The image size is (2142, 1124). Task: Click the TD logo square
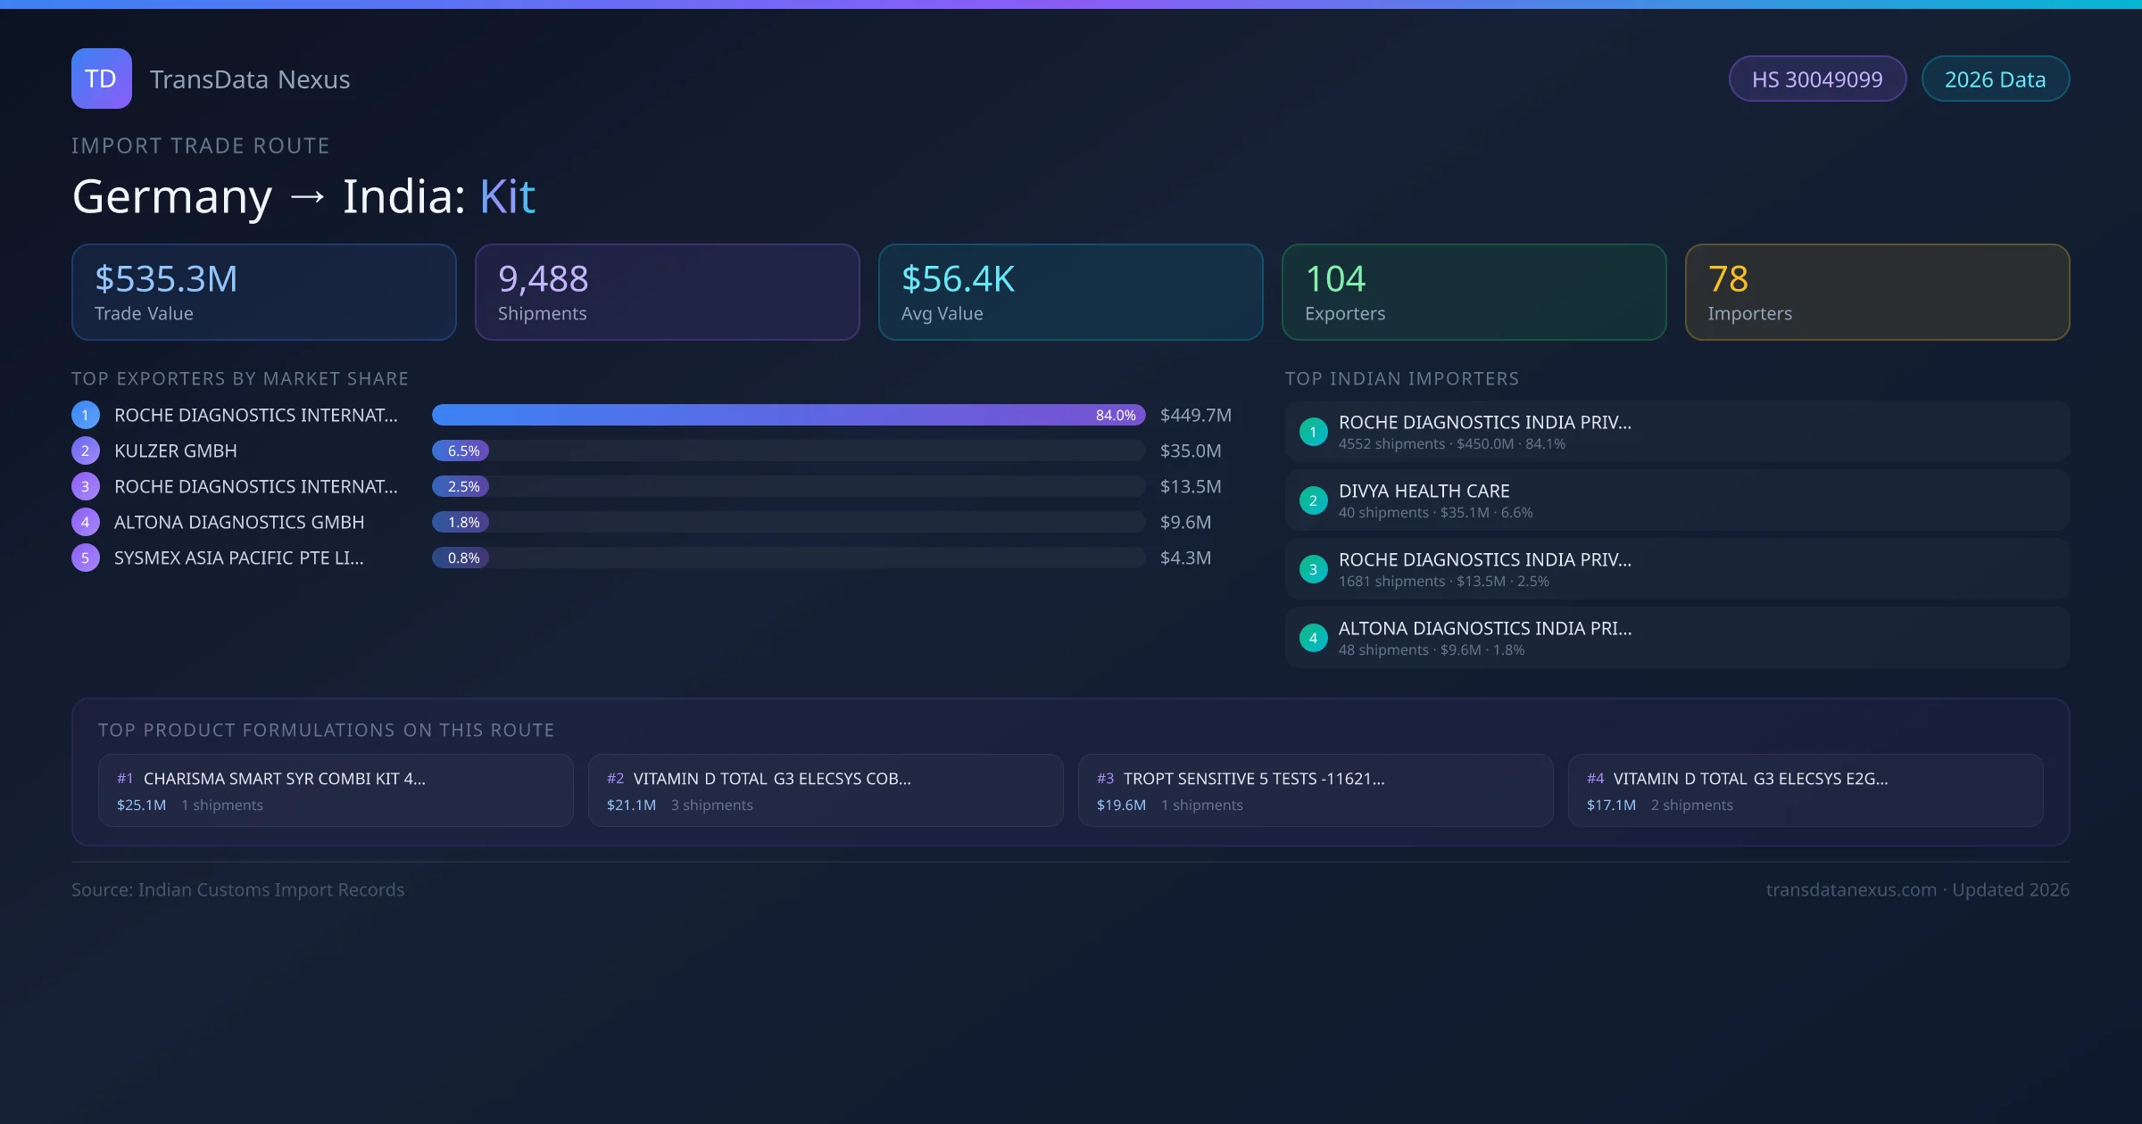101,79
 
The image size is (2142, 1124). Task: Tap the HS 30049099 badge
1816,79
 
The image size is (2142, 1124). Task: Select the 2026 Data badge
1995,79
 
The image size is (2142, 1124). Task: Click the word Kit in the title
507,196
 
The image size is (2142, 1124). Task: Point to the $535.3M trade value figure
166,279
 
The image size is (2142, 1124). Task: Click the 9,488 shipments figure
543,279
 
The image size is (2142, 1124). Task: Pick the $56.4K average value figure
958,279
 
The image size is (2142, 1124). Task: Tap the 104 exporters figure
1335,279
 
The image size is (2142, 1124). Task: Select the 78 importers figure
1728,279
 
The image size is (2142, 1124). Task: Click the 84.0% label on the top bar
1115,416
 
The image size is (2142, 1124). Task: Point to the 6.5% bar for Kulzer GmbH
461,451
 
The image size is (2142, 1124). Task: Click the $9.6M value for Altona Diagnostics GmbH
1185,523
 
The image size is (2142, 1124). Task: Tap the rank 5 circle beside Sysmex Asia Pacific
86,558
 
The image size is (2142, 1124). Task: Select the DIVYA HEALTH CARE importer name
1424,492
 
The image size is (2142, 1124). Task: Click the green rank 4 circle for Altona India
1313,639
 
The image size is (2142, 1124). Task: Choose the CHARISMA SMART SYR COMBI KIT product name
284,779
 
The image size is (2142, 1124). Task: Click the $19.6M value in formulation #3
1121,806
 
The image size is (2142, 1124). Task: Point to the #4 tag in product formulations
1595,779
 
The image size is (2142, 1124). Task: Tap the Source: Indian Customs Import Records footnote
237,890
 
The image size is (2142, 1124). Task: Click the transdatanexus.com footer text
1851,890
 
